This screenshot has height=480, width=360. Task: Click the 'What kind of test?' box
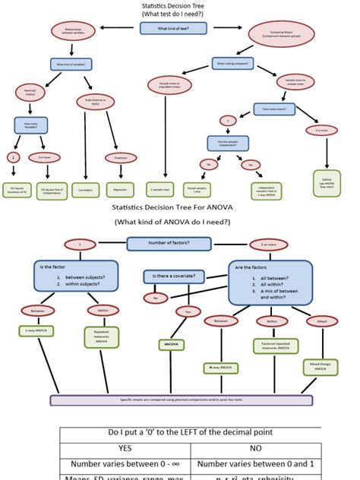pyautogui.click(x=174, y=28)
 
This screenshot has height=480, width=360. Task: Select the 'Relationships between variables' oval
pyautogui.click(x=73, y=30)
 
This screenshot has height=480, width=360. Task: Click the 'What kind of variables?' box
pyautogui.click(x=71, y=65)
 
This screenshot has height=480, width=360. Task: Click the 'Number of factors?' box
pyautogui.click(x=169, y=244)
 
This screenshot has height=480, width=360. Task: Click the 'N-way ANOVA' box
pyautogui.click(x=216, y=367)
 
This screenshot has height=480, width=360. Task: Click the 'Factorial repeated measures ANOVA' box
pyautogui.click(x=271, y=346)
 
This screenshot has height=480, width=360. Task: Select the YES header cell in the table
pyautogui.click(x=125, y=447)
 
